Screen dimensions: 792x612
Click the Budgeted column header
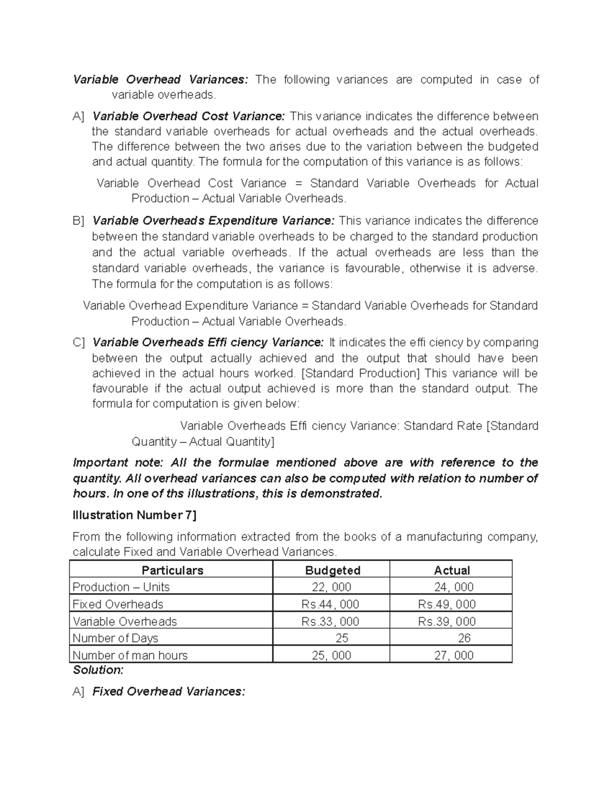coord(333,570)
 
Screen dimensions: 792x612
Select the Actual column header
coord(451,570)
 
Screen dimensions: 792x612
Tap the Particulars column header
coord(172,570)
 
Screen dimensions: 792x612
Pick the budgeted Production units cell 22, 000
coord(331,587)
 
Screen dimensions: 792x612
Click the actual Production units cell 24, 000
coord(453,587)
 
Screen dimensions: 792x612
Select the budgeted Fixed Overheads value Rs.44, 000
coord(330,604)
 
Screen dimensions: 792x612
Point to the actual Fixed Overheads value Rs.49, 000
coord(447,604)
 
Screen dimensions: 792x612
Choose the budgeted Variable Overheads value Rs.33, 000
coord(330,622)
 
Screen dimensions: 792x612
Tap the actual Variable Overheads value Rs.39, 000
coord(447,622)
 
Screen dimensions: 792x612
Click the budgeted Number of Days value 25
coord(342,638)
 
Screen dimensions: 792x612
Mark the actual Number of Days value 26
coord(464,638)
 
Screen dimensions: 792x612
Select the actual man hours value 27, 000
coord(453,655)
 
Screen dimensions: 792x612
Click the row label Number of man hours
coord(130,655)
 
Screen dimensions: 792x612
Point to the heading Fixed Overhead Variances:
coord(169,692)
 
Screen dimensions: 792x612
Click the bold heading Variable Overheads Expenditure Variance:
coord(213,221)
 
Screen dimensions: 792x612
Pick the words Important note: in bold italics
coord(118,463)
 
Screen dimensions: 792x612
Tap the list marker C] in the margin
coord(79,342)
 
